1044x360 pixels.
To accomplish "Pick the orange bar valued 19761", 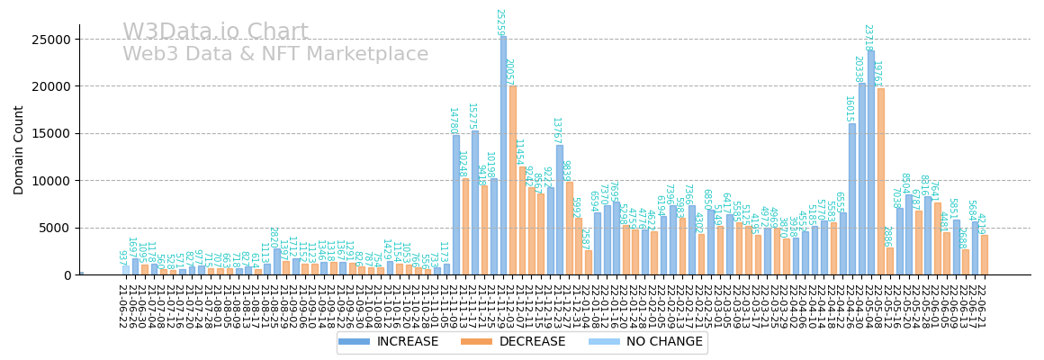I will coord(880,181).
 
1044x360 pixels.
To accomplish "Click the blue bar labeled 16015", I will coord(851,199).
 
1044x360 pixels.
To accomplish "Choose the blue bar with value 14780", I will coord(456,204).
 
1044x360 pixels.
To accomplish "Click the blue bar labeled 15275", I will coord(475,202).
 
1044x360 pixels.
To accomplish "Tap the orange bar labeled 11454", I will coord(522,220).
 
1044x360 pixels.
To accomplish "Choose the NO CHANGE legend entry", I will coord(652,342).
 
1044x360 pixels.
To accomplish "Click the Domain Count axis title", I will coord(20,149).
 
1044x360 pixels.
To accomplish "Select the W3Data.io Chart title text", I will coord(215,32).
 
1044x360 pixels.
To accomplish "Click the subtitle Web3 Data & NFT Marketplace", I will coord(275,55).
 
